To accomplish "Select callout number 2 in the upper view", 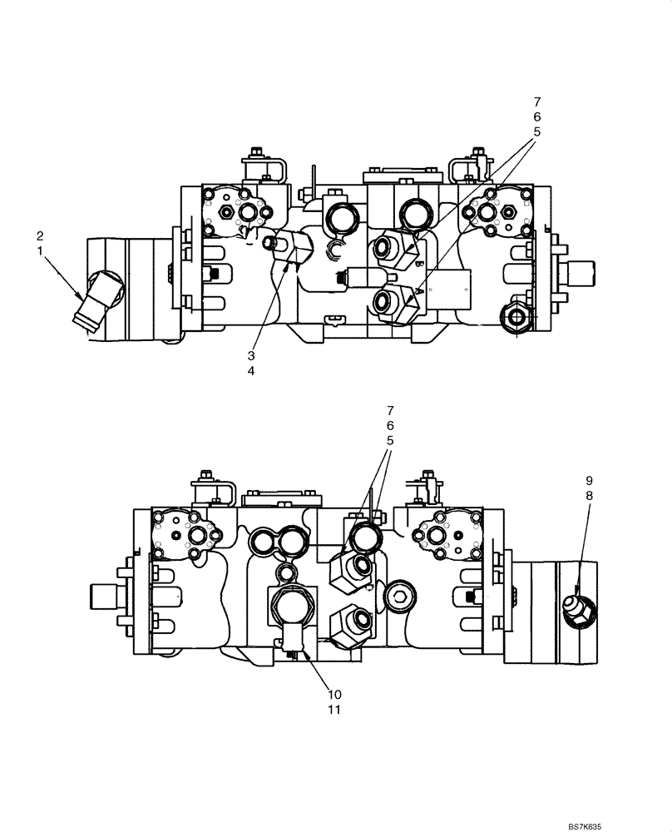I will coord(38,236).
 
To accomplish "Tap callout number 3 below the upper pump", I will coord(250,354).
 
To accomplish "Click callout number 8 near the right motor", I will coord(589,496).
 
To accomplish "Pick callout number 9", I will coord(589,481).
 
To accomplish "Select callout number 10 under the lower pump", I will coord(334,694).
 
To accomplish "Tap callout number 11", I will coord(334,710).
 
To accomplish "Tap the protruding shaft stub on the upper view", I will coord(582,273).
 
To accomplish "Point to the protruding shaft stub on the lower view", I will coord(105,596).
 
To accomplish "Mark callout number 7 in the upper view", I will coord(536,102).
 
